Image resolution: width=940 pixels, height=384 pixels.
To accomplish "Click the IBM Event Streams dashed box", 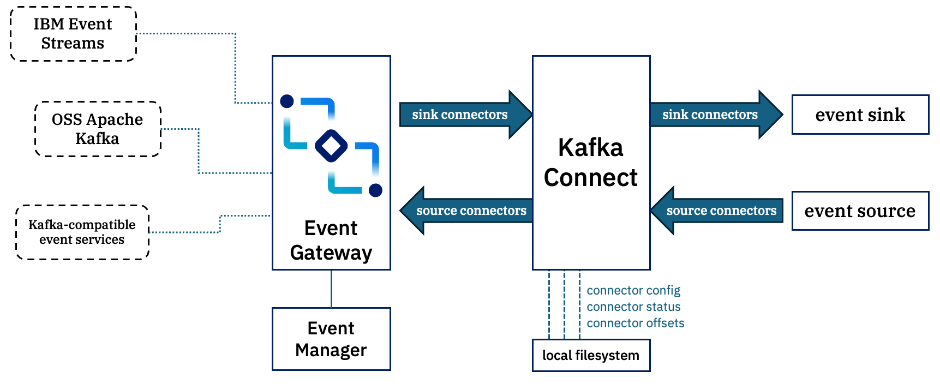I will click(x=73, y=34).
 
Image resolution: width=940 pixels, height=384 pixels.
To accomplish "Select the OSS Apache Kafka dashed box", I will click(x=98, y=129).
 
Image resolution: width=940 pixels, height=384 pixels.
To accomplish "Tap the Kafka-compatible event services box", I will click(x=82, y=232).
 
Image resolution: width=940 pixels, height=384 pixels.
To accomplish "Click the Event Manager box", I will click(x=331, y=339).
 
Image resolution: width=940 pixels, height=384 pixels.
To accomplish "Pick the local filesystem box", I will click(x=591, y=356).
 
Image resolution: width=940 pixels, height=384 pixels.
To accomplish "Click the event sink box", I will click(x=860, y=115).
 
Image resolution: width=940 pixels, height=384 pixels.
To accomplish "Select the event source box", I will click(x=860, y=211).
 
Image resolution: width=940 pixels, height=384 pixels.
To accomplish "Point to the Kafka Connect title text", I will click(x=591, y=163).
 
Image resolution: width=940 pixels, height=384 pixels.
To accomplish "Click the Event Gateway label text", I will click(x=331, y=241).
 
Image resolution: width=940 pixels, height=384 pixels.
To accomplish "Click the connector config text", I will click(x=633, y=291).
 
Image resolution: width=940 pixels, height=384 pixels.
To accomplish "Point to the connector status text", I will click(x=633, y=307).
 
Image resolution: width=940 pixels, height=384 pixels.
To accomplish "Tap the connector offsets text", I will click(x=636, y=323).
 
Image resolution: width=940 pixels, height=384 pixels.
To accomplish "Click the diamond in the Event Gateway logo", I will click(x=331, y=146).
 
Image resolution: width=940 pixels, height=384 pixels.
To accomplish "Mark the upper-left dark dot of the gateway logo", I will click(x=287, y=101).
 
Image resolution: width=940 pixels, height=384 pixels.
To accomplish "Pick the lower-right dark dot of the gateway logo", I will click(x=375, y=190).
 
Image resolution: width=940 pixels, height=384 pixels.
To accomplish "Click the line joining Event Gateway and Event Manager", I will click(x=331, y=289).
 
